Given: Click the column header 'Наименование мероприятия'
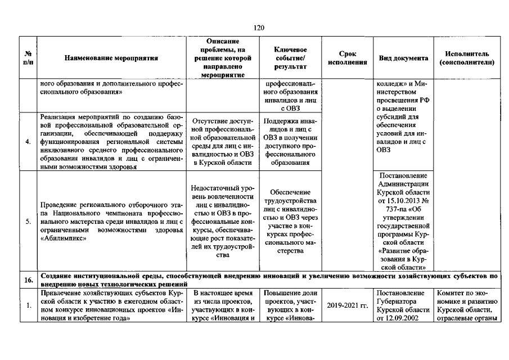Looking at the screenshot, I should pos(111,58).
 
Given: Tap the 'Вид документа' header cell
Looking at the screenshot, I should pos(403,58).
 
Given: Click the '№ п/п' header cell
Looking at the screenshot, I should pos(28,58).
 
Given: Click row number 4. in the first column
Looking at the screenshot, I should pos(28,141).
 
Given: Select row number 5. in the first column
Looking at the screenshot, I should pos(28,221).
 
